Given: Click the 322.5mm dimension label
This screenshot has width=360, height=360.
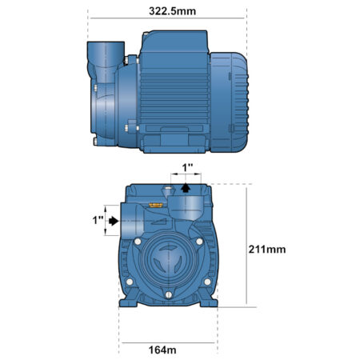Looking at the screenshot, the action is tap(172, 11).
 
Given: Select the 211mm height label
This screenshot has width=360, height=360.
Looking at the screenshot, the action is tap(267, 250).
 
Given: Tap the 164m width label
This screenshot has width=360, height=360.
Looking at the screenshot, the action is tap(162, 350).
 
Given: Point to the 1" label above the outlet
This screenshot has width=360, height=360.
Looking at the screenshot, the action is tap(187, 168).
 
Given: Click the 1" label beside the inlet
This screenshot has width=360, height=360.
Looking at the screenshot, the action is tap(98, 220).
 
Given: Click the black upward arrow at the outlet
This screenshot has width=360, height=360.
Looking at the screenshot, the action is tap(186, 188).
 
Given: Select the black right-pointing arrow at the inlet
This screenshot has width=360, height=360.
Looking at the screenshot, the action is tap(114, 221).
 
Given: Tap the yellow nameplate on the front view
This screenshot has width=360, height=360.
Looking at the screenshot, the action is tap(156, 205).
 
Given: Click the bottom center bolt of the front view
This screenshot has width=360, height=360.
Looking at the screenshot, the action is tap(169, 294).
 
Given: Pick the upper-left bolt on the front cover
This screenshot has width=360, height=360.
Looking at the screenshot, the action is tap(138, 242).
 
